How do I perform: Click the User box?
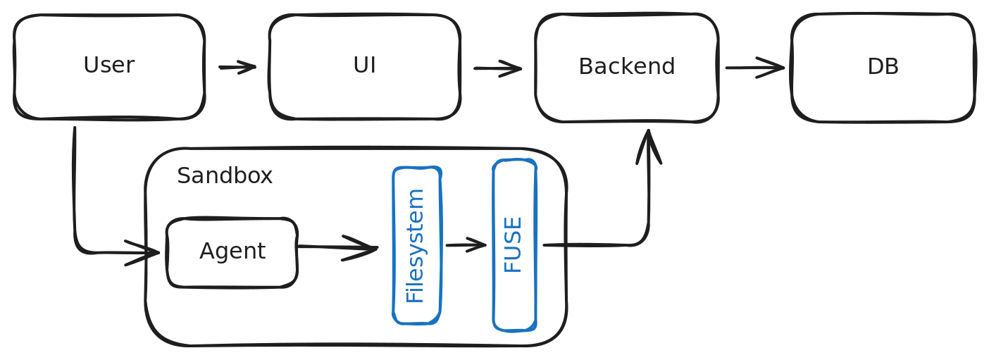[x=109, y=67]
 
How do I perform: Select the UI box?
[x=365, y=67]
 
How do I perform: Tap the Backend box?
[x=627, y=68]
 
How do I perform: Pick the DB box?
[x=883, y=68]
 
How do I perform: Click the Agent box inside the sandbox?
[x=232, y=253]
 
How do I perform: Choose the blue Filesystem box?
[x=417, y=246]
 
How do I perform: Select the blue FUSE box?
[x=515, y=245]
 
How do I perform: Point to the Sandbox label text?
[x=225, y=175]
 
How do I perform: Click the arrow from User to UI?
[x=237, y=68]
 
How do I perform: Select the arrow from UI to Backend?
[x=497, y=68]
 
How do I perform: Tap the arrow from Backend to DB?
[x=755, y=68]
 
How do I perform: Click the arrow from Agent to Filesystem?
[x=338, y=247]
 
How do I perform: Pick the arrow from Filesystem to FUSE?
[x=466, y=244]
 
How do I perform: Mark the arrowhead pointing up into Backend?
[x=649, y=146]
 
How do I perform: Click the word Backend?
[x=627, y=66]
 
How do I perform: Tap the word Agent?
[x=232, y=252]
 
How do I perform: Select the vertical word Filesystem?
[x=415, y=246]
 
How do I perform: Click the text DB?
[x=883, y=66]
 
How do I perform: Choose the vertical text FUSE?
[x=513, y=244]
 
